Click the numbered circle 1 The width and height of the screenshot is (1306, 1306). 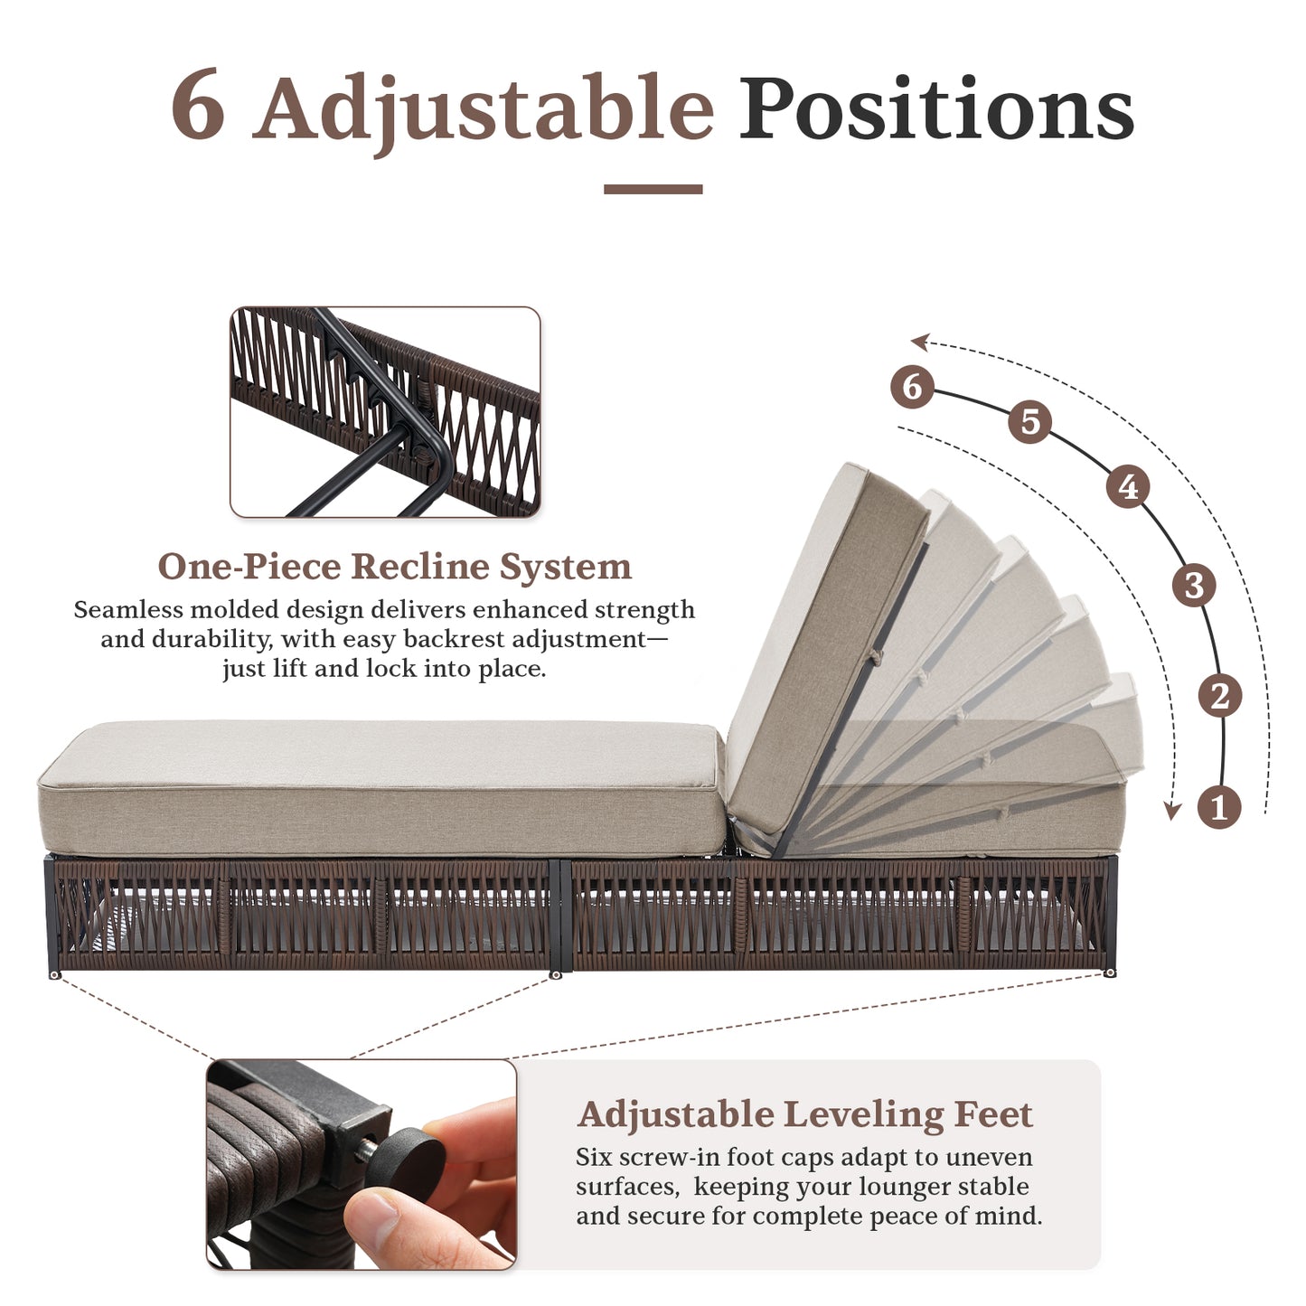click(x=1218, y=806)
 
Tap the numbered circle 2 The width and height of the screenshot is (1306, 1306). click(x=1219, y=696)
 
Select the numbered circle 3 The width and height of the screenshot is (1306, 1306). click(x=1193, y=585)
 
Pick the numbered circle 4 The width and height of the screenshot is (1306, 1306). click(x=1128, y=487)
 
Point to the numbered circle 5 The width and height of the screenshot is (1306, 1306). click(x=1030, y=422)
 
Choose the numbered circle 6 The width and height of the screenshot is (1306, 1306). click(x=911, y=387)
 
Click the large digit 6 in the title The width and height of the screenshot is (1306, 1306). click(x=198, y=106)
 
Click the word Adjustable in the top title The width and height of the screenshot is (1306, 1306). click(x=484, y=110)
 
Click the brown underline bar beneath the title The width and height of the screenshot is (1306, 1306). click(x=653, y=189)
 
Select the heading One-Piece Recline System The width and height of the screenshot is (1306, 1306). click(x=394, y=567)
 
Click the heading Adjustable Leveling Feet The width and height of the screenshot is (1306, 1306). click(x=804, y=1114)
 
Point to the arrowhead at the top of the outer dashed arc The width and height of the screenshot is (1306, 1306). click(x=920, y=342)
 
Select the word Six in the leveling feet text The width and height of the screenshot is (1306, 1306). click(x=594, y=1158)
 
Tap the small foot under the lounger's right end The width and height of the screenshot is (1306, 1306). click(x=1109, y=972)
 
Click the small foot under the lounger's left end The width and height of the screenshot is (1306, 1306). click(x=55, y=975)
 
